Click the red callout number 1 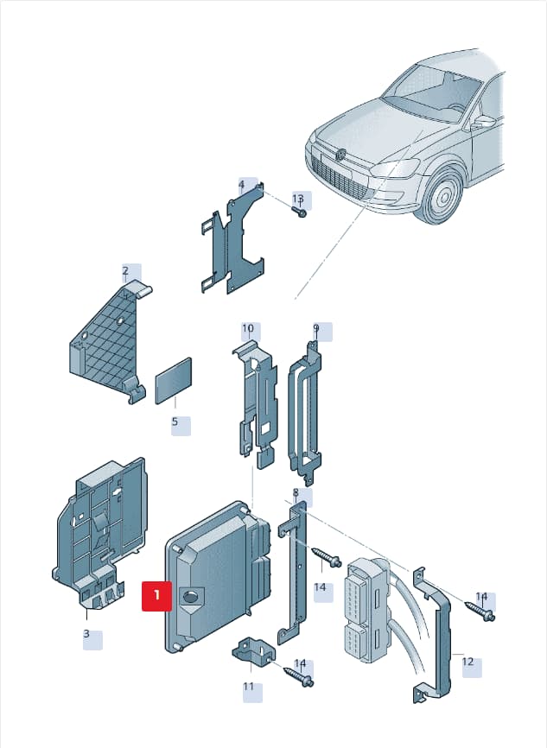coord(156,595)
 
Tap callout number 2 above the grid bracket coord(125,271)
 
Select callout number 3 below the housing coord(86,633)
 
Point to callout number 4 coord(241,184)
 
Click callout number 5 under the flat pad coord(175,422)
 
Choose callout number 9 coord(316,328)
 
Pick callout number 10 coord(248,328)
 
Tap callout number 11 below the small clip coord(249,687)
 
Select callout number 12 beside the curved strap coord(467,662)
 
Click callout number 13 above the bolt coord(298,199)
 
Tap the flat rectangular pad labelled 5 coord(174,381)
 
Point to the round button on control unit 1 coord(190,596)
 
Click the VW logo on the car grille coord(340,154)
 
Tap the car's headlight coord(396,168)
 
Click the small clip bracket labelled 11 coord(253,650)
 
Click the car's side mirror coord(482,123)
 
